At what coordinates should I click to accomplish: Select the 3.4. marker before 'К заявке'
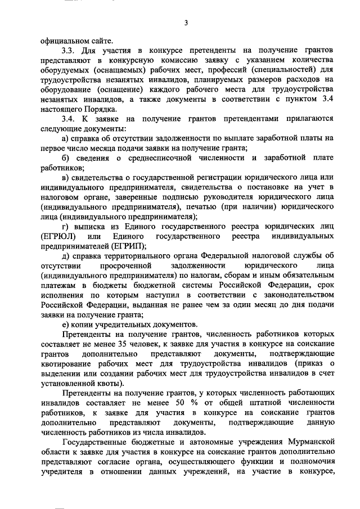(x=69, y=119)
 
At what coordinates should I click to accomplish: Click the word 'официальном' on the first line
(x=69, y=40)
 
